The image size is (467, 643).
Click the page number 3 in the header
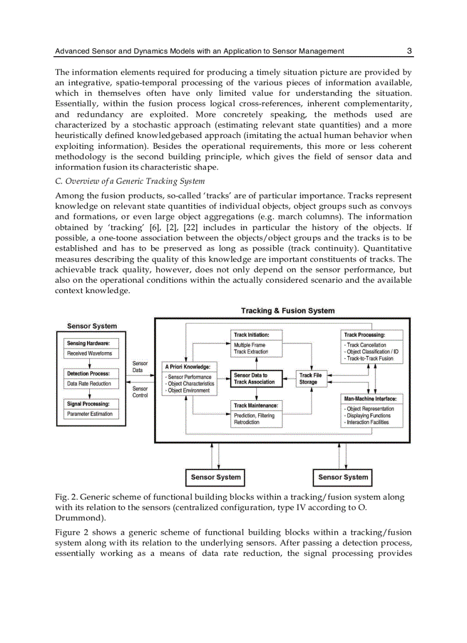(409, 51)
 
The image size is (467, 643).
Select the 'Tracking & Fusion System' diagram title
(287, 311)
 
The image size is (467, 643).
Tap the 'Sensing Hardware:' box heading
(89, 344)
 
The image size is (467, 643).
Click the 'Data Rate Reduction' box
(89, 384)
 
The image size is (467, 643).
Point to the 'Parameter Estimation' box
(90, 414)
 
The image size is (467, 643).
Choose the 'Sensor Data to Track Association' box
(254, 378)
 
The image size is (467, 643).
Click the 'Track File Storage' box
(310, 378)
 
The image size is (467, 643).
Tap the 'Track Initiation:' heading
(251, 334)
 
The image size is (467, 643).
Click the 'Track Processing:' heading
(364, 334)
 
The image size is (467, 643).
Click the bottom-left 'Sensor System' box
(216, 478)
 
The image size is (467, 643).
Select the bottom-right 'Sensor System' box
(343, 478)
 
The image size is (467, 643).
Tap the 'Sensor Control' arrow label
(140, 392)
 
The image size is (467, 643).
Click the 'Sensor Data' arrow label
(140, 366)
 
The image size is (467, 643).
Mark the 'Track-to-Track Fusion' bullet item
(370, 358)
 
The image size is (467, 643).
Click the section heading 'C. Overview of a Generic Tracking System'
(129, 182)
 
